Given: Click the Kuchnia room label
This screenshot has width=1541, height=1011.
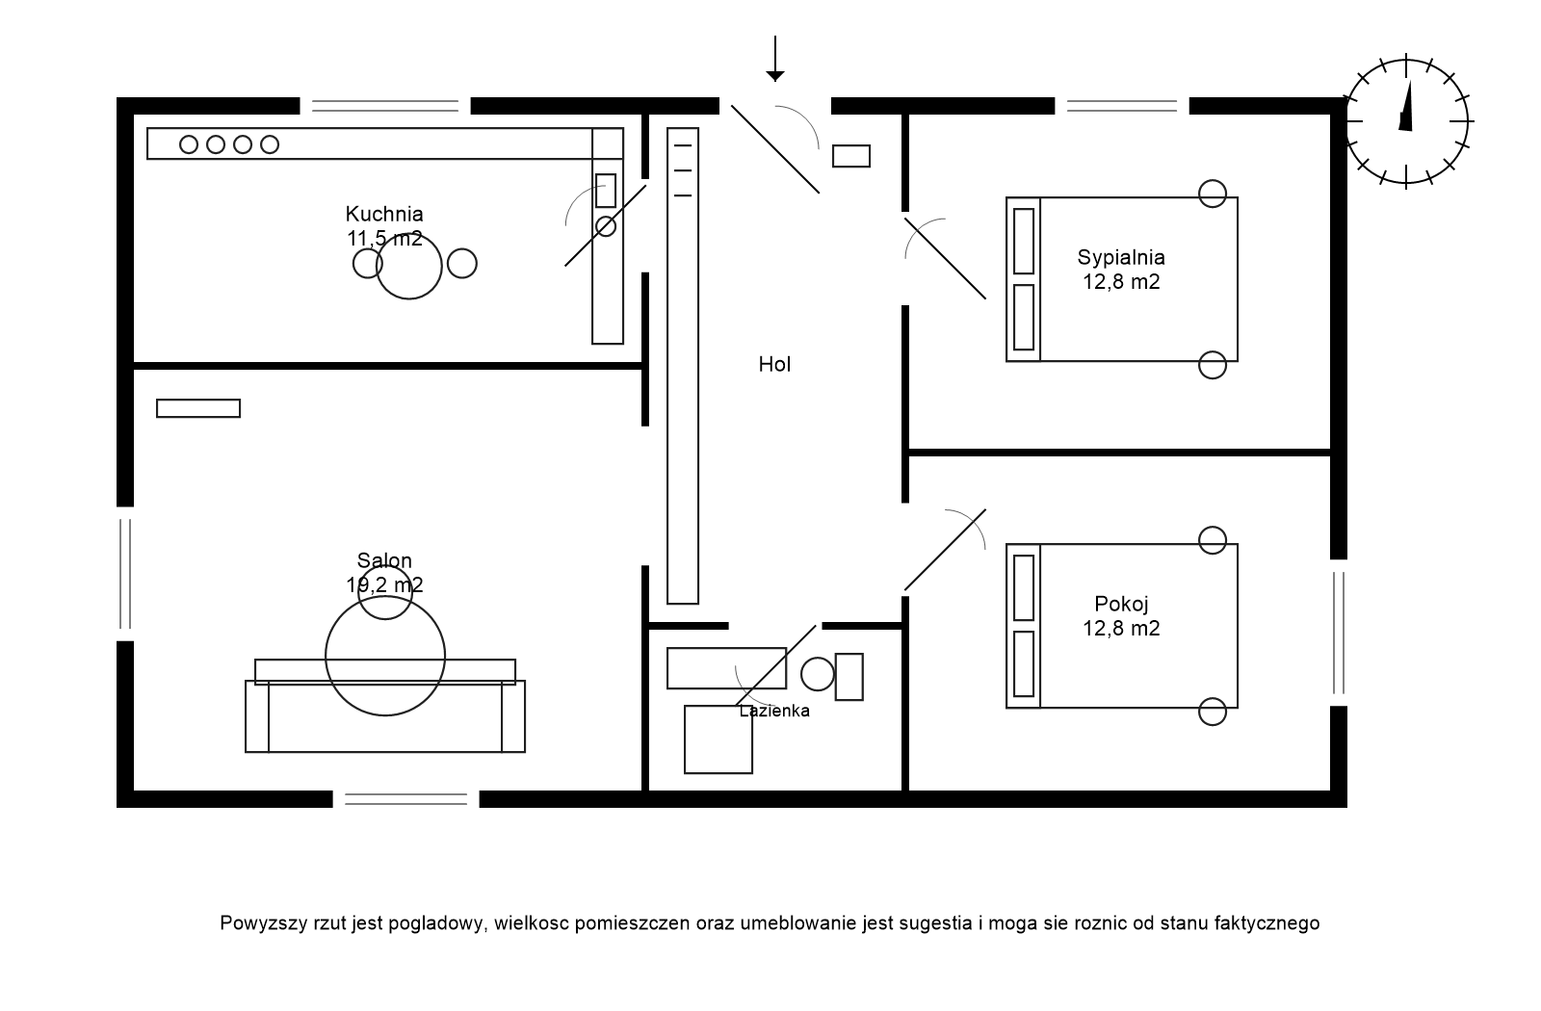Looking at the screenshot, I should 384,215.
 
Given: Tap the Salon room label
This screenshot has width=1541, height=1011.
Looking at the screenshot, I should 384,561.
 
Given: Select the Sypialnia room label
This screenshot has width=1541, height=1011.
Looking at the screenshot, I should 1121,258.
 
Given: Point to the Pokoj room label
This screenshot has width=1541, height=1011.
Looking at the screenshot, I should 1122,605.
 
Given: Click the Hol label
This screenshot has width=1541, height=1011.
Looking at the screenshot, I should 774,365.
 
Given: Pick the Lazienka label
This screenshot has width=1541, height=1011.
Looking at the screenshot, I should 774,712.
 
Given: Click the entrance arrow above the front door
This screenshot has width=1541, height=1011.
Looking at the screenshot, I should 774,58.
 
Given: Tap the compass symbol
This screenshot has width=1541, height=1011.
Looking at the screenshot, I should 1407,121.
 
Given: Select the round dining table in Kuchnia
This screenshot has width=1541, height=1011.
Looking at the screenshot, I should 409,265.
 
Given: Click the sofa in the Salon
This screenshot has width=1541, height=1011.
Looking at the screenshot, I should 385,717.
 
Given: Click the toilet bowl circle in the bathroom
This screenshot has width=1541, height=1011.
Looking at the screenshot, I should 818,674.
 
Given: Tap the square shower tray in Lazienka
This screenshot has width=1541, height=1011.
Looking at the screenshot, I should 718,739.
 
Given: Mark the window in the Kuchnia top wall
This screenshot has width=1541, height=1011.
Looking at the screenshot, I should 384,106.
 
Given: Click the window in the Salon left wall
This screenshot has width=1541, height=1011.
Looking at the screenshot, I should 124,573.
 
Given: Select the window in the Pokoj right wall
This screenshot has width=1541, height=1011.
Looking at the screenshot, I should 1339,633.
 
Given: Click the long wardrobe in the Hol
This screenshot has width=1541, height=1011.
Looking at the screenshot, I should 683,366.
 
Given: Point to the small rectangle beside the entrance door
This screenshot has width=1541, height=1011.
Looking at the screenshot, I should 851,156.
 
